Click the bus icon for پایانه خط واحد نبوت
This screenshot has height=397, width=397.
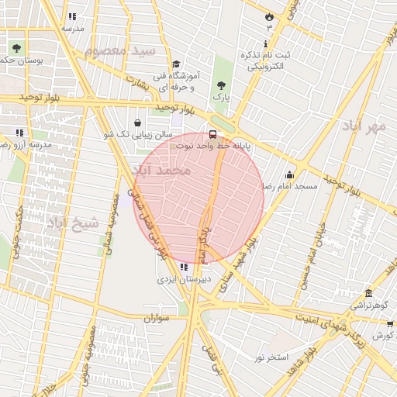click(x=213, y=133)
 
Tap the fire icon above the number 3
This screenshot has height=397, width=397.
click(x=269, y=16)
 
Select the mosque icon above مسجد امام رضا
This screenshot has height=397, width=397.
click(x=290, y=174)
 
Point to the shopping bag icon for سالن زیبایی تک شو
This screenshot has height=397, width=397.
click(x=138, y=122)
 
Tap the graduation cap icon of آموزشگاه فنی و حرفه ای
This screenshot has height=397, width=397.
click(x=176, y=64)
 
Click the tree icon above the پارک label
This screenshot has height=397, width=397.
click(x=223, y=85)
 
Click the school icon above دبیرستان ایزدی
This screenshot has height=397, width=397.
click(x=183, y=267)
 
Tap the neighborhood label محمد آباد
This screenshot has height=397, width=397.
click(x=161, y=169)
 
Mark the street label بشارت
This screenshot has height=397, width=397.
click(x=136, y=83)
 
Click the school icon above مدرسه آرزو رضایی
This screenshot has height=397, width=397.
click(x=19, y=133)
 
